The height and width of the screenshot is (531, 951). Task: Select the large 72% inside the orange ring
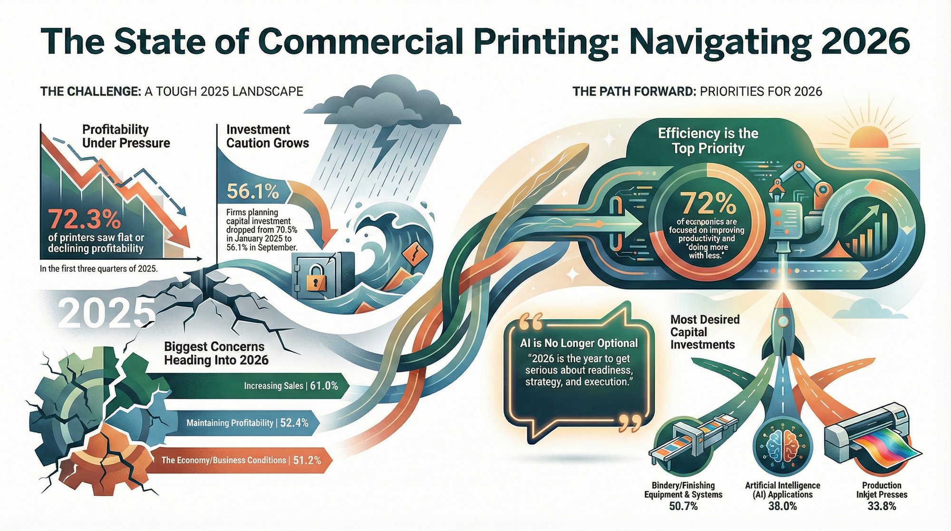pos(708,204)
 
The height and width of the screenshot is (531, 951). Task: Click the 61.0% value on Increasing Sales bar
pos(324,385)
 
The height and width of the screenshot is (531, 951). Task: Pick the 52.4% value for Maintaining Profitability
pos(294,423)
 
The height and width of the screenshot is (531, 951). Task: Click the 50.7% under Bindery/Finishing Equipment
pos(683,506)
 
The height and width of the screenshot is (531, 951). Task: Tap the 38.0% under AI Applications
pos(782,506)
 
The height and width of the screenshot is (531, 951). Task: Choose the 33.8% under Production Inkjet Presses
pos(882,506)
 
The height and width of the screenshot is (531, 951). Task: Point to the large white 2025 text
pos(107,315)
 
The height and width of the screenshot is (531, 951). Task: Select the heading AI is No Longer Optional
pos(579,343)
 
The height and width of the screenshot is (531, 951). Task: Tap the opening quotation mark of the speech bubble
pos(531,322)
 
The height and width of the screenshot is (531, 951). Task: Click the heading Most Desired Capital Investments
pos(705,332)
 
